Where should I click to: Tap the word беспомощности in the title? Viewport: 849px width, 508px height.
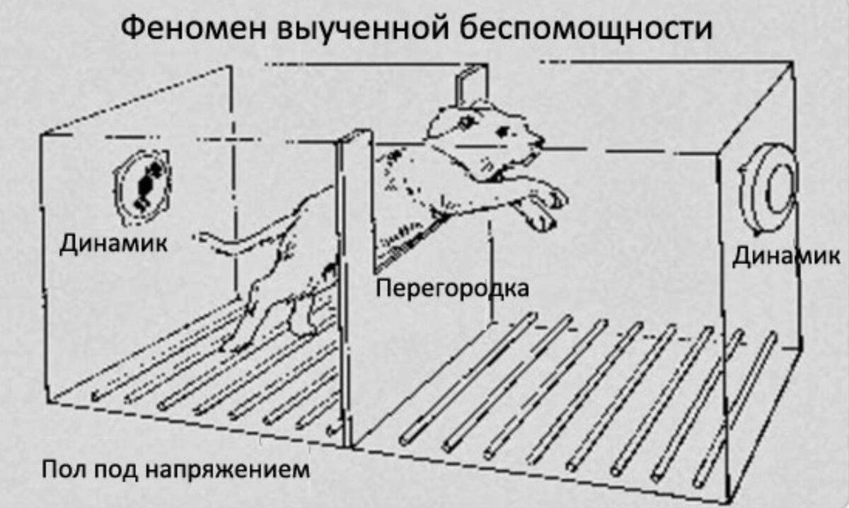pyautogui.click(x=585, y=29)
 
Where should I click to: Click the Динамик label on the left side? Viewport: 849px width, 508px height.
pyautogui.click(x=113, y=244)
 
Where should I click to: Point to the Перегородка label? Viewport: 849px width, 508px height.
pyautogui.click(x=451, y=288)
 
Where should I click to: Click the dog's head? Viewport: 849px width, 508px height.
pyautogui.click(x=481, y=134)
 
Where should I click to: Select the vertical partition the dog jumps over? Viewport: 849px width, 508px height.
pyautogui.click(x=352, y=283)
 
